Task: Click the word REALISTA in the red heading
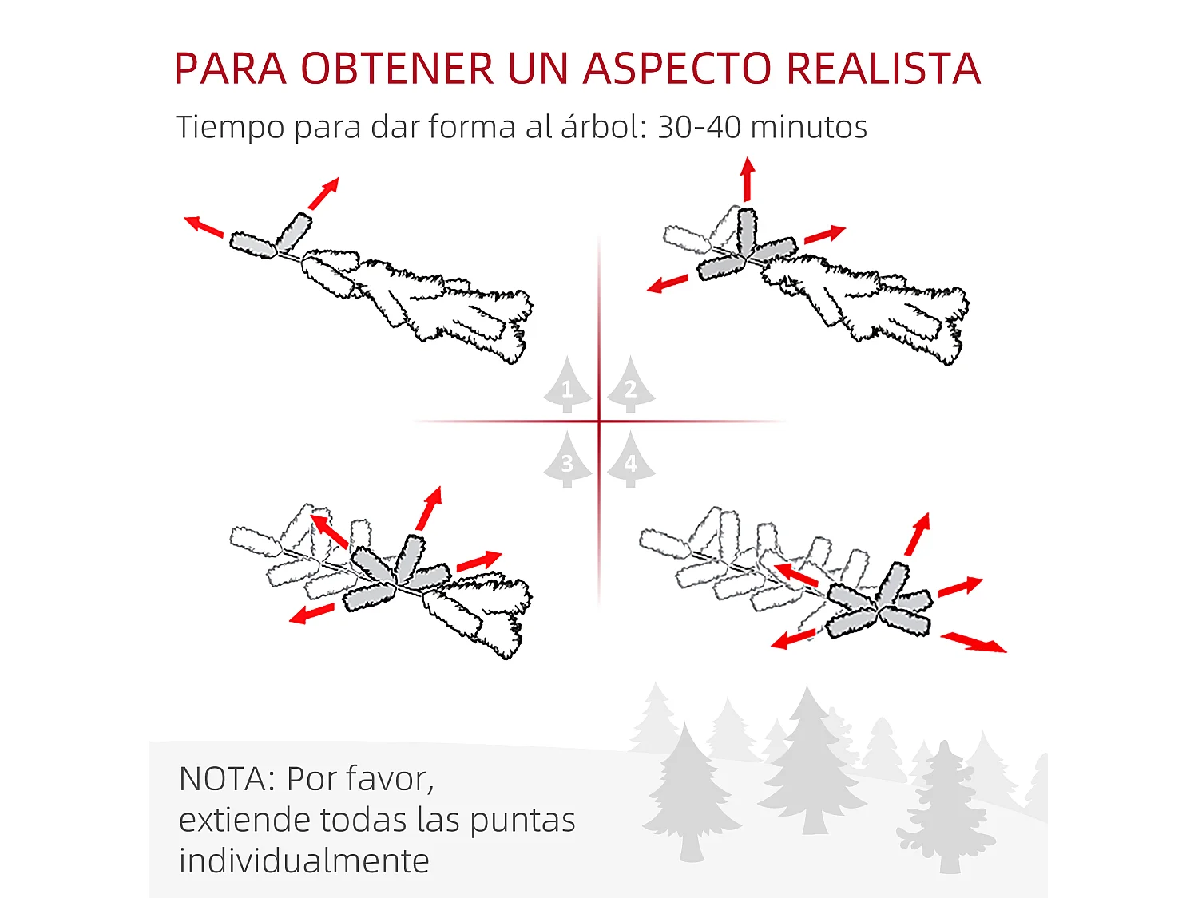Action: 883,68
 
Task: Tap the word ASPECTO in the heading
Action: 677,68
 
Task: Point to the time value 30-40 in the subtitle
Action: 699,127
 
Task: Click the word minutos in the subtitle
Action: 809,127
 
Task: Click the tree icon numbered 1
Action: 567,385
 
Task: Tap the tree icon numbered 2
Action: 631,385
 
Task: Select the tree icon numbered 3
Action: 567,459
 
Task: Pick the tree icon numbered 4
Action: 631,459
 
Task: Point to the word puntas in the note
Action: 522,821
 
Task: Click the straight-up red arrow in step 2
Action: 748,180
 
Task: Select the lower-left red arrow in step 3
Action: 311,613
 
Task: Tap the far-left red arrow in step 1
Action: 204,227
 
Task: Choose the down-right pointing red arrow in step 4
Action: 974,642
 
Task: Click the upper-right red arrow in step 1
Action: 323,193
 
